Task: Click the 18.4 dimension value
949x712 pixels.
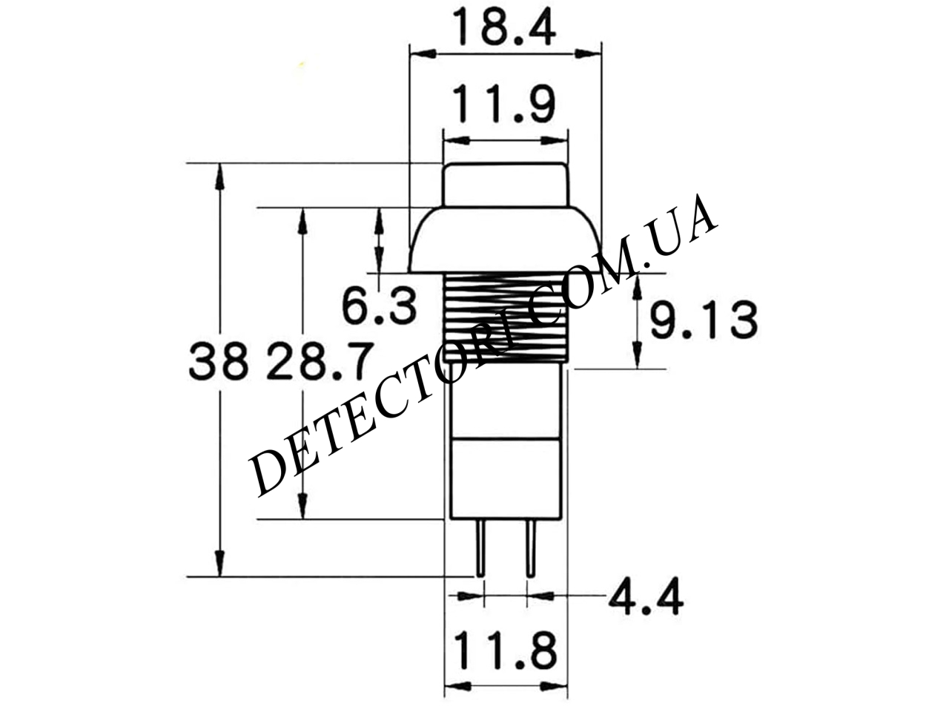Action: [x=504, y=27]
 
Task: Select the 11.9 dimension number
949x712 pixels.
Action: [x=504, y=104]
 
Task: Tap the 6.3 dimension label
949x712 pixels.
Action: [x=379, y=307]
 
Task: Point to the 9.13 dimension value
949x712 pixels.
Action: [x=704, y=320]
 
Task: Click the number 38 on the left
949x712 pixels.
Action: [x=219, y=361]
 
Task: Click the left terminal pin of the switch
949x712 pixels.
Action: [x=480, y=548]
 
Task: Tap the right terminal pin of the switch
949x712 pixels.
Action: [x=531, y=548]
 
